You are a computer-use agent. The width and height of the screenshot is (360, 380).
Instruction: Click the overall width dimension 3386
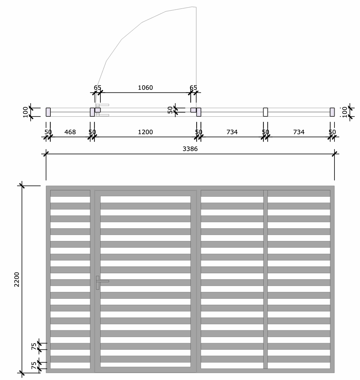[x=190, y=149]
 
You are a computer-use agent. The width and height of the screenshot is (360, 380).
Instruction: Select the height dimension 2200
[x=17, y=279]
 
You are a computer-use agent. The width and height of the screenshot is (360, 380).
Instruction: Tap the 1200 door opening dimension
[x=145, y=132]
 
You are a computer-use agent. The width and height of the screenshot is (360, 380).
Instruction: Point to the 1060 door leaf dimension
[x=145, y=88]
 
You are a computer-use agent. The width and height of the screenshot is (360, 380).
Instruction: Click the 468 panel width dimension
[x=70, y=132]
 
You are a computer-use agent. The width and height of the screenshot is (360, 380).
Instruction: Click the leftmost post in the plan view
[x=48, y=112]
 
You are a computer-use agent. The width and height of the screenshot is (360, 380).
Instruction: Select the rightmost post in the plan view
[x=332, y=112]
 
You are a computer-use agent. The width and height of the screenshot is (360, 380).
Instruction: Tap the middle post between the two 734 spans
[x=265, y=112]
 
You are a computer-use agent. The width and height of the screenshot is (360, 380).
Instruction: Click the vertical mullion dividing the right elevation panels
[x=265, y=279]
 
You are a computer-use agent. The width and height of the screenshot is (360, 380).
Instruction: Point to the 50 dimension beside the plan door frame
[x=170, y=110]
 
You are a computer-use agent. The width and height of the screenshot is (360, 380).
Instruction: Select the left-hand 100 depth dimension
[x=26, y=112]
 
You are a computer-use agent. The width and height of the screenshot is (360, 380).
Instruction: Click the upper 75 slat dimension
[x=34, y=346]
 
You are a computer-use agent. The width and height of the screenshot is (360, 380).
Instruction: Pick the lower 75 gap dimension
[x=34, y=365]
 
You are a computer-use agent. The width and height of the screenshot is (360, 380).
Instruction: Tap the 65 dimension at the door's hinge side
[x=97, y=88]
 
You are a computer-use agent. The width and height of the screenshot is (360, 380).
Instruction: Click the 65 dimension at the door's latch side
[x=193, y=88]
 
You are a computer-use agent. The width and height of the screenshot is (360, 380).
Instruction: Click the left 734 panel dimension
[x=232, y=132]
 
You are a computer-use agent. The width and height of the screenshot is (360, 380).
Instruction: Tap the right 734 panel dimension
[x=299, y=132]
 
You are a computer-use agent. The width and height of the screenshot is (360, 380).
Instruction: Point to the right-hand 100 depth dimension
[x=345, y=112]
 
